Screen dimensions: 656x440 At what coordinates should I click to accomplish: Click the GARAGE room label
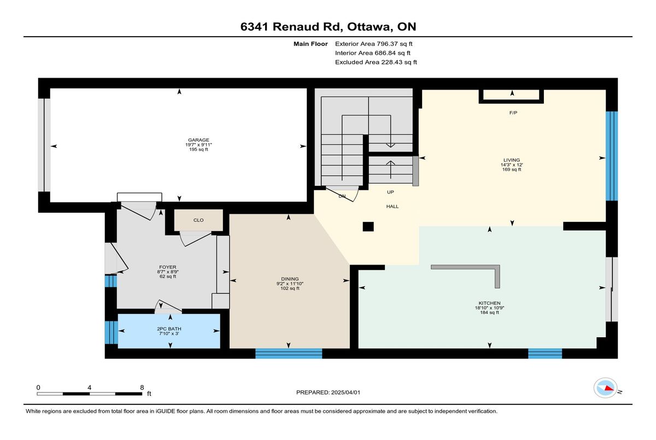pyautogui.click(x=198, y=140)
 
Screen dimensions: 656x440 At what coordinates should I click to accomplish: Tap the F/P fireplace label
pyautogui.click(x=513, y=113)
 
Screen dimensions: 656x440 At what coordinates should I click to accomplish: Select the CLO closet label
pyautogui.click(x=198, y=220)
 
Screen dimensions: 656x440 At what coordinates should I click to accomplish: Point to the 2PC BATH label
pyautogui.click(x=169, y=328)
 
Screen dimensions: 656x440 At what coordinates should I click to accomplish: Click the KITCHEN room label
pyautogui.click(x=489, y=303)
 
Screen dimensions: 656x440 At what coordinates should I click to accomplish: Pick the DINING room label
pyautogui.click(x=290, y=279)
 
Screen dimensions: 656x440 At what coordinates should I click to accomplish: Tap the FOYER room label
pyautogui.click(x=168, y=267)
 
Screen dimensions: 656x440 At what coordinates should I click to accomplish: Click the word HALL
pyautogui.click(x=393, y=207)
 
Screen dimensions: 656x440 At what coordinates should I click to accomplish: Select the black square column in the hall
pyautogui.click(x=368, y=227)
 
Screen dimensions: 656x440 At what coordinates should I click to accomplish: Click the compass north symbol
pyautogui.click(x=605, y=388)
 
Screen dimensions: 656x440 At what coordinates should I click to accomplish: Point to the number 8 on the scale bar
pyautogui.click(x=142, y=388)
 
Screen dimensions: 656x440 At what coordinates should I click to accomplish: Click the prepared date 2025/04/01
pyautogui.click(x=345, y=392)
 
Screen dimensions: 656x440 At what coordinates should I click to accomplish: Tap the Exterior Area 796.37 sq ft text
pyautogui.click(x=374, y=44)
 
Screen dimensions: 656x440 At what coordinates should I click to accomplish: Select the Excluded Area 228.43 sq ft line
pyautogui.click(x=376, y=62)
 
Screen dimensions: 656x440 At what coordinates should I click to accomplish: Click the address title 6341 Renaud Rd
pyautogui.click(x=291, y=27)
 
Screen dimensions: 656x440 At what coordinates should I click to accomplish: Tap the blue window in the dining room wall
pyautogui.click(x=289, y=353)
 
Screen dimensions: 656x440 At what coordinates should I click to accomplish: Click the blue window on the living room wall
pyautogui.click(x=612, y=156)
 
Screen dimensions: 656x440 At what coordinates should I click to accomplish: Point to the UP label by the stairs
pyautogui.click(x=390, y=192)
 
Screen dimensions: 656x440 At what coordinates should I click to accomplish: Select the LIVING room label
pyautogui.click(x=512, y=160)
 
